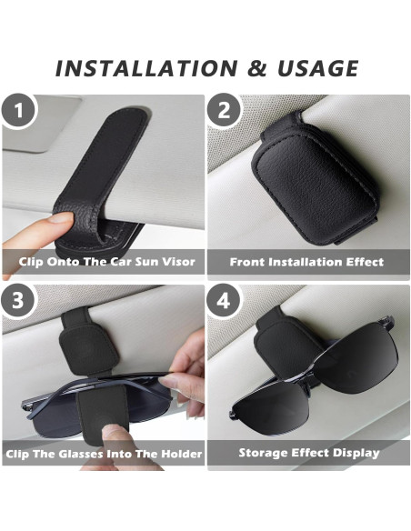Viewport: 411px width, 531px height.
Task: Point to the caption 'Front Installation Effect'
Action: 306,262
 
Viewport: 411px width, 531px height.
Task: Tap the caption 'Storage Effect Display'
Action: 308,452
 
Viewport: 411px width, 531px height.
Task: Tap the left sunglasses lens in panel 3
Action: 41,405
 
